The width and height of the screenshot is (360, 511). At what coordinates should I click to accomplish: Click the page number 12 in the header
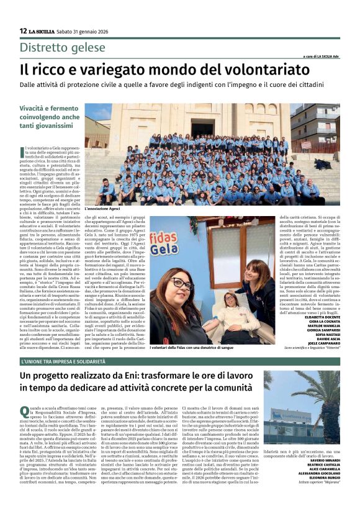(x=23, y=31)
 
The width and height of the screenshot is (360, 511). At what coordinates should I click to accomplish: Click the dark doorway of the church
(x=202, y=128)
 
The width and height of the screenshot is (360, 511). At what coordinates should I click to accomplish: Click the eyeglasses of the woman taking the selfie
(x=181, y=283)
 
